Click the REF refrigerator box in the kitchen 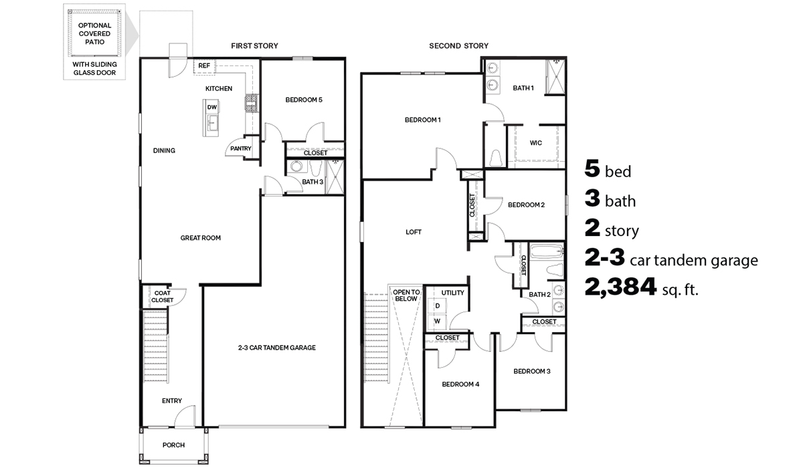(203, 66)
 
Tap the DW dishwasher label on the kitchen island (211, 107)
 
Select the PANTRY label (240, 148)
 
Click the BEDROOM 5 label (304, 100)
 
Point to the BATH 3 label (312, 181)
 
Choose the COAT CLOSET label (162, 296)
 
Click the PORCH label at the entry (173, 445)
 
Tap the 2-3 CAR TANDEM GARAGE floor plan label (276, 348)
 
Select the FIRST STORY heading (254, 45)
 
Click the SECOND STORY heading (458, 45)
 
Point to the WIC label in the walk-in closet (535, 142)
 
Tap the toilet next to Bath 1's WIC (496, 158)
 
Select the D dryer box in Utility (437, 306)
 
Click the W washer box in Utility (437, 321)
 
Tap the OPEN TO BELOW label (406, 296)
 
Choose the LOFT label (414, 232)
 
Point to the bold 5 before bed (592, 170)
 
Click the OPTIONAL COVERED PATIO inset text (94, 33)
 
